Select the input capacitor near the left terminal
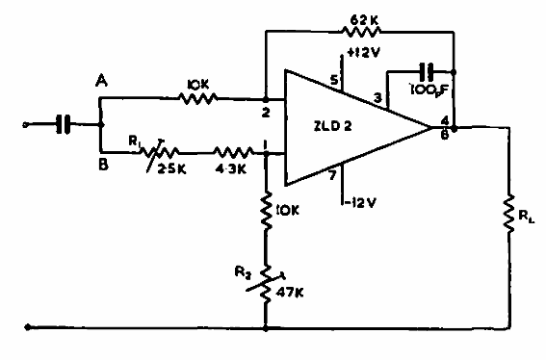click(63, 124)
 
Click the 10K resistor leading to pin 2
click(199, 97)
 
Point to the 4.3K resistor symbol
click(231, 152)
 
